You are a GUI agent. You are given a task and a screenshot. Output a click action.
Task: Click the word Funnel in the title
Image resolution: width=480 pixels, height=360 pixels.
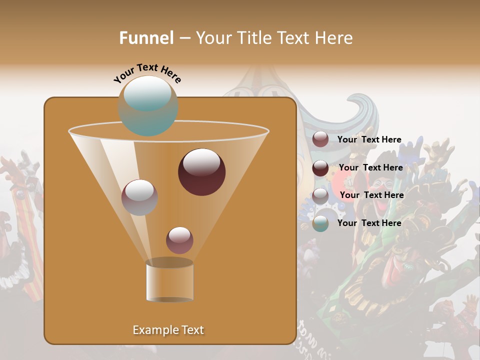146,37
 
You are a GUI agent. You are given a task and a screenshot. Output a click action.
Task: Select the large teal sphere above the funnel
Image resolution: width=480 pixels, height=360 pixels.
148,106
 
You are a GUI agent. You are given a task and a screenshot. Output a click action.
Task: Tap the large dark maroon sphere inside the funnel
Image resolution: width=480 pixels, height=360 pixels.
201,171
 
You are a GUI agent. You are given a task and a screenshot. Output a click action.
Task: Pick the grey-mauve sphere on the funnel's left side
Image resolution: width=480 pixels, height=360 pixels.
139,197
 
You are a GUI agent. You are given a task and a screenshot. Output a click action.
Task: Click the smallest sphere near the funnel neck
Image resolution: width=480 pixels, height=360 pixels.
179,240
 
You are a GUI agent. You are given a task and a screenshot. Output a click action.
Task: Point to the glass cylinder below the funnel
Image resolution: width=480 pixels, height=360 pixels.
169,281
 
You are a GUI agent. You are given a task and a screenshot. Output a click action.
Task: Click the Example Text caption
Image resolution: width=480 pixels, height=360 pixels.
168,330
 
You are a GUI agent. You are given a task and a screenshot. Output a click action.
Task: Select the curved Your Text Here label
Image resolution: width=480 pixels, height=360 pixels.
147,72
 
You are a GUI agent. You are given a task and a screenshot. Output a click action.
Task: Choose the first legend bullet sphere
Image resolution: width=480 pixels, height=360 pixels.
320,139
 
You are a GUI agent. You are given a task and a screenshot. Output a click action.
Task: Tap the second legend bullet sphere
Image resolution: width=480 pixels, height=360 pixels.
320,168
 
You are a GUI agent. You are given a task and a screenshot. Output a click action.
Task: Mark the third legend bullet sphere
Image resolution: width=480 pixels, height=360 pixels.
320,195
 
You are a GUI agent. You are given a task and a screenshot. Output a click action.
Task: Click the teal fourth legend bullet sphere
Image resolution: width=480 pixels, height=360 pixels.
320,223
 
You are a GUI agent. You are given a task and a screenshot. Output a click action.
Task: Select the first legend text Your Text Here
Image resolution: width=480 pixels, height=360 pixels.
369,139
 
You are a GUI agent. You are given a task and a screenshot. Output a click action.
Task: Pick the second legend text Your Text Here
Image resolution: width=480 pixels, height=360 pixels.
370,167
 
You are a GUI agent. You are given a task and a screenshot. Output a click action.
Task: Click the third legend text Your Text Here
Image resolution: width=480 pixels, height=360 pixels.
371,195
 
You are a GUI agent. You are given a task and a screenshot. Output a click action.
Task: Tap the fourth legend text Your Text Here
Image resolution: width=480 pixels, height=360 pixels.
369,223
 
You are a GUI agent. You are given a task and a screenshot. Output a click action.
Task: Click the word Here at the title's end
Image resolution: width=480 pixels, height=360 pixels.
334,37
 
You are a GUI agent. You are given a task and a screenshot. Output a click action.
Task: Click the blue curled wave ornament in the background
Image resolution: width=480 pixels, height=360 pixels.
350,110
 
